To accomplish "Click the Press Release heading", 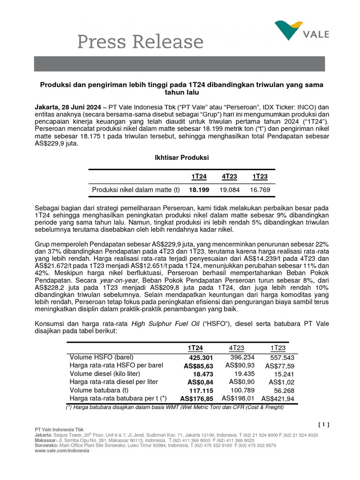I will (x=140, y=42).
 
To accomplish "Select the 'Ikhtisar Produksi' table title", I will (x=181, y=157).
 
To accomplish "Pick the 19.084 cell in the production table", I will (x=229, y=190).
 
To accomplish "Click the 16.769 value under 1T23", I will (x=260, y=190).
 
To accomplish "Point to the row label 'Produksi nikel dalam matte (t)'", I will (x=136, y=190).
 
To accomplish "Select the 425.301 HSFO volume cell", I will (x=202, y=357).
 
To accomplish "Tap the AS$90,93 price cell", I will (x=240, y=365).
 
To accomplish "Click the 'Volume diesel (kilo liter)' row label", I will (x=108, y=374).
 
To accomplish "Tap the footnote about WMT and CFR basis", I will (x=175, y=407).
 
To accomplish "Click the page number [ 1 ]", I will (x=323, y=425).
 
